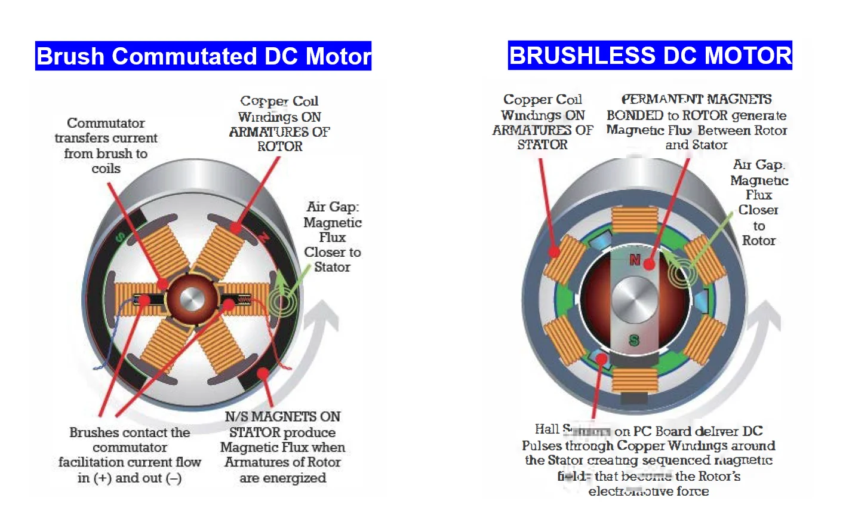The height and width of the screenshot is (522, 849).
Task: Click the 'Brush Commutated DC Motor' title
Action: coord(203,56)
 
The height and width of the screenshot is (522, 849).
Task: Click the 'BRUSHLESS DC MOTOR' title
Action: coord(650,56)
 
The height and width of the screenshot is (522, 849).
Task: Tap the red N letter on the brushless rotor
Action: coord(635,260)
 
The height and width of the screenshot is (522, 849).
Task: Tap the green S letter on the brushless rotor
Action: coord(634,340)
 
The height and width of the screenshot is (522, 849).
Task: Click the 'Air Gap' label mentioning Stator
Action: coord(332,237)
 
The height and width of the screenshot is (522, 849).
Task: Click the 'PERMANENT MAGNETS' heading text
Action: coord(696,99)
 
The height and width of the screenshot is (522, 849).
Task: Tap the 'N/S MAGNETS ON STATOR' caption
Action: coord(282,447)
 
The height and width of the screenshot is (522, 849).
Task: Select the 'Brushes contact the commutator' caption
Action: coord(130,455)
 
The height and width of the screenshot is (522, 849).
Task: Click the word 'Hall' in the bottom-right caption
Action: coord(547,429)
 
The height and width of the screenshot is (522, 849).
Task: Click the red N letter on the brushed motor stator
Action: coord(263,238)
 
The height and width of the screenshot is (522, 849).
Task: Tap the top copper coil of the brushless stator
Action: coord(635,220)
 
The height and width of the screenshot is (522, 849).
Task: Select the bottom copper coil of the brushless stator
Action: coord(635,380)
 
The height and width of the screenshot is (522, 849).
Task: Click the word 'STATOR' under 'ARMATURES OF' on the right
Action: coord(542,145)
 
